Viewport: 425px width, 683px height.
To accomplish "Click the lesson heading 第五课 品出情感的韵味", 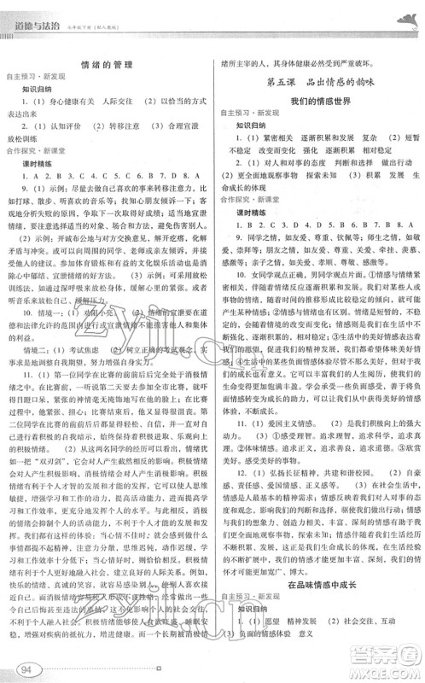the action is pyautogui.click(x=315, y=82).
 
